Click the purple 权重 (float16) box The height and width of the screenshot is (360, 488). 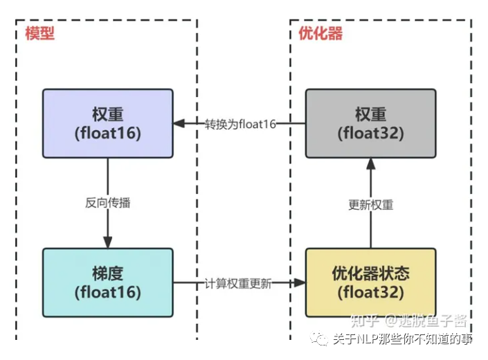[107, 123]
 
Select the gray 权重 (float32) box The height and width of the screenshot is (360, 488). [370, 123]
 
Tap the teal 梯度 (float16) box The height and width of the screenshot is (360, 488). [107, 282]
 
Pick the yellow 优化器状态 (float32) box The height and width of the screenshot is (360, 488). [370, 282]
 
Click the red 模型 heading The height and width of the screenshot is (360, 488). [39, 33]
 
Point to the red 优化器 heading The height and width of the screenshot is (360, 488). [320, 33]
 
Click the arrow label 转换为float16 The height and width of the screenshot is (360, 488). [240, 123]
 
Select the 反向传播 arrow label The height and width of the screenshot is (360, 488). [108, 203]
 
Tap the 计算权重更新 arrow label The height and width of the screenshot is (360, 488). [237, 282]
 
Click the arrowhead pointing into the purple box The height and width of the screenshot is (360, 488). [179, 123]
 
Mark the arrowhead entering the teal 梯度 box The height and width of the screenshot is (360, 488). [107, 242]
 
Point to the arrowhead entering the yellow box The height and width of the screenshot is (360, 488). [300, 282]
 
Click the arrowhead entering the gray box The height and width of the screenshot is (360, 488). [370, 163]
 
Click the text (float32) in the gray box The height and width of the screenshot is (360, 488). [370, 133]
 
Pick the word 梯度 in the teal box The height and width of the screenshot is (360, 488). [107, 272]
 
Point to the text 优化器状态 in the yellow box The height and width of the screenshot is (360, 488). [370, 272]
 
